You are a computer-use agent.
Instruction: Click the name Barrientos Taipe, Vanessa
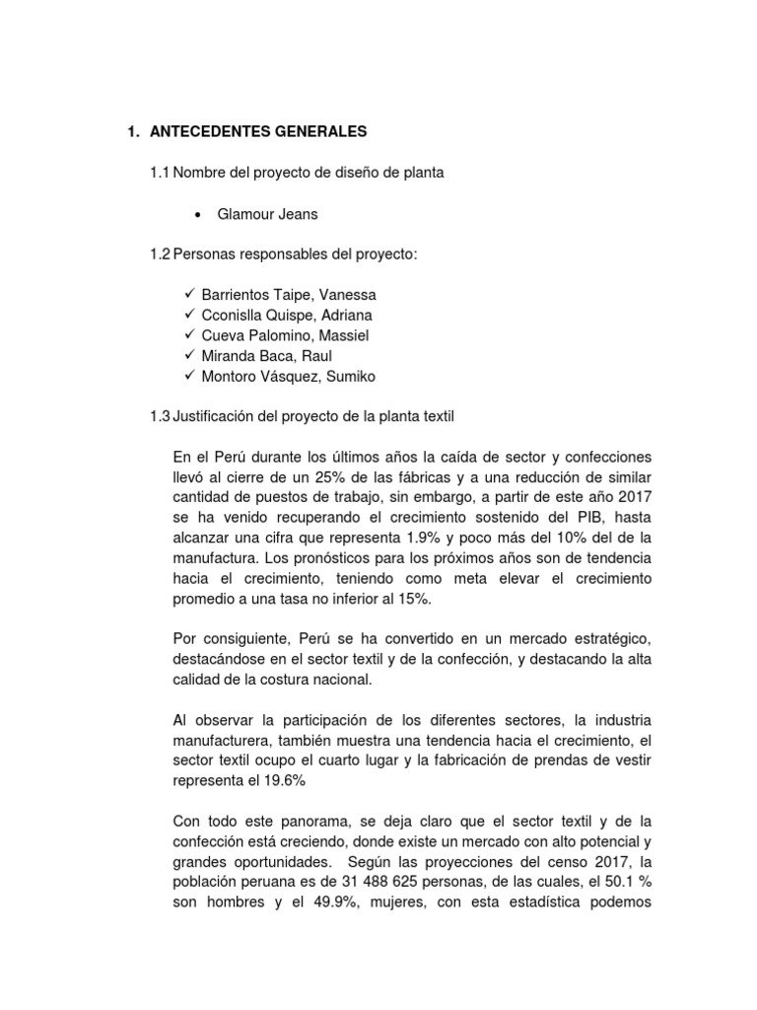[x=289, y=295]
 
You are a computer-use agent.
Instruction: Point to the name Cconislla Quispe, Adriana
[x=287, y=315]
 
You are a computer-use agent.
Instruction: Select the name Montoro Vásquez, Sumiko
[x=288, y=376]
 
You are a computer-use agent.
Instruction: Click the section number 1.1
[x=160, y=173]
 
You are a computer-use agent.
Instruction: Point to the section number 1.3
[x=160, y=417]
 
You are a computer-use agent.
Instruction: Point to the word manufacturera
[x=221, y=742]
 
